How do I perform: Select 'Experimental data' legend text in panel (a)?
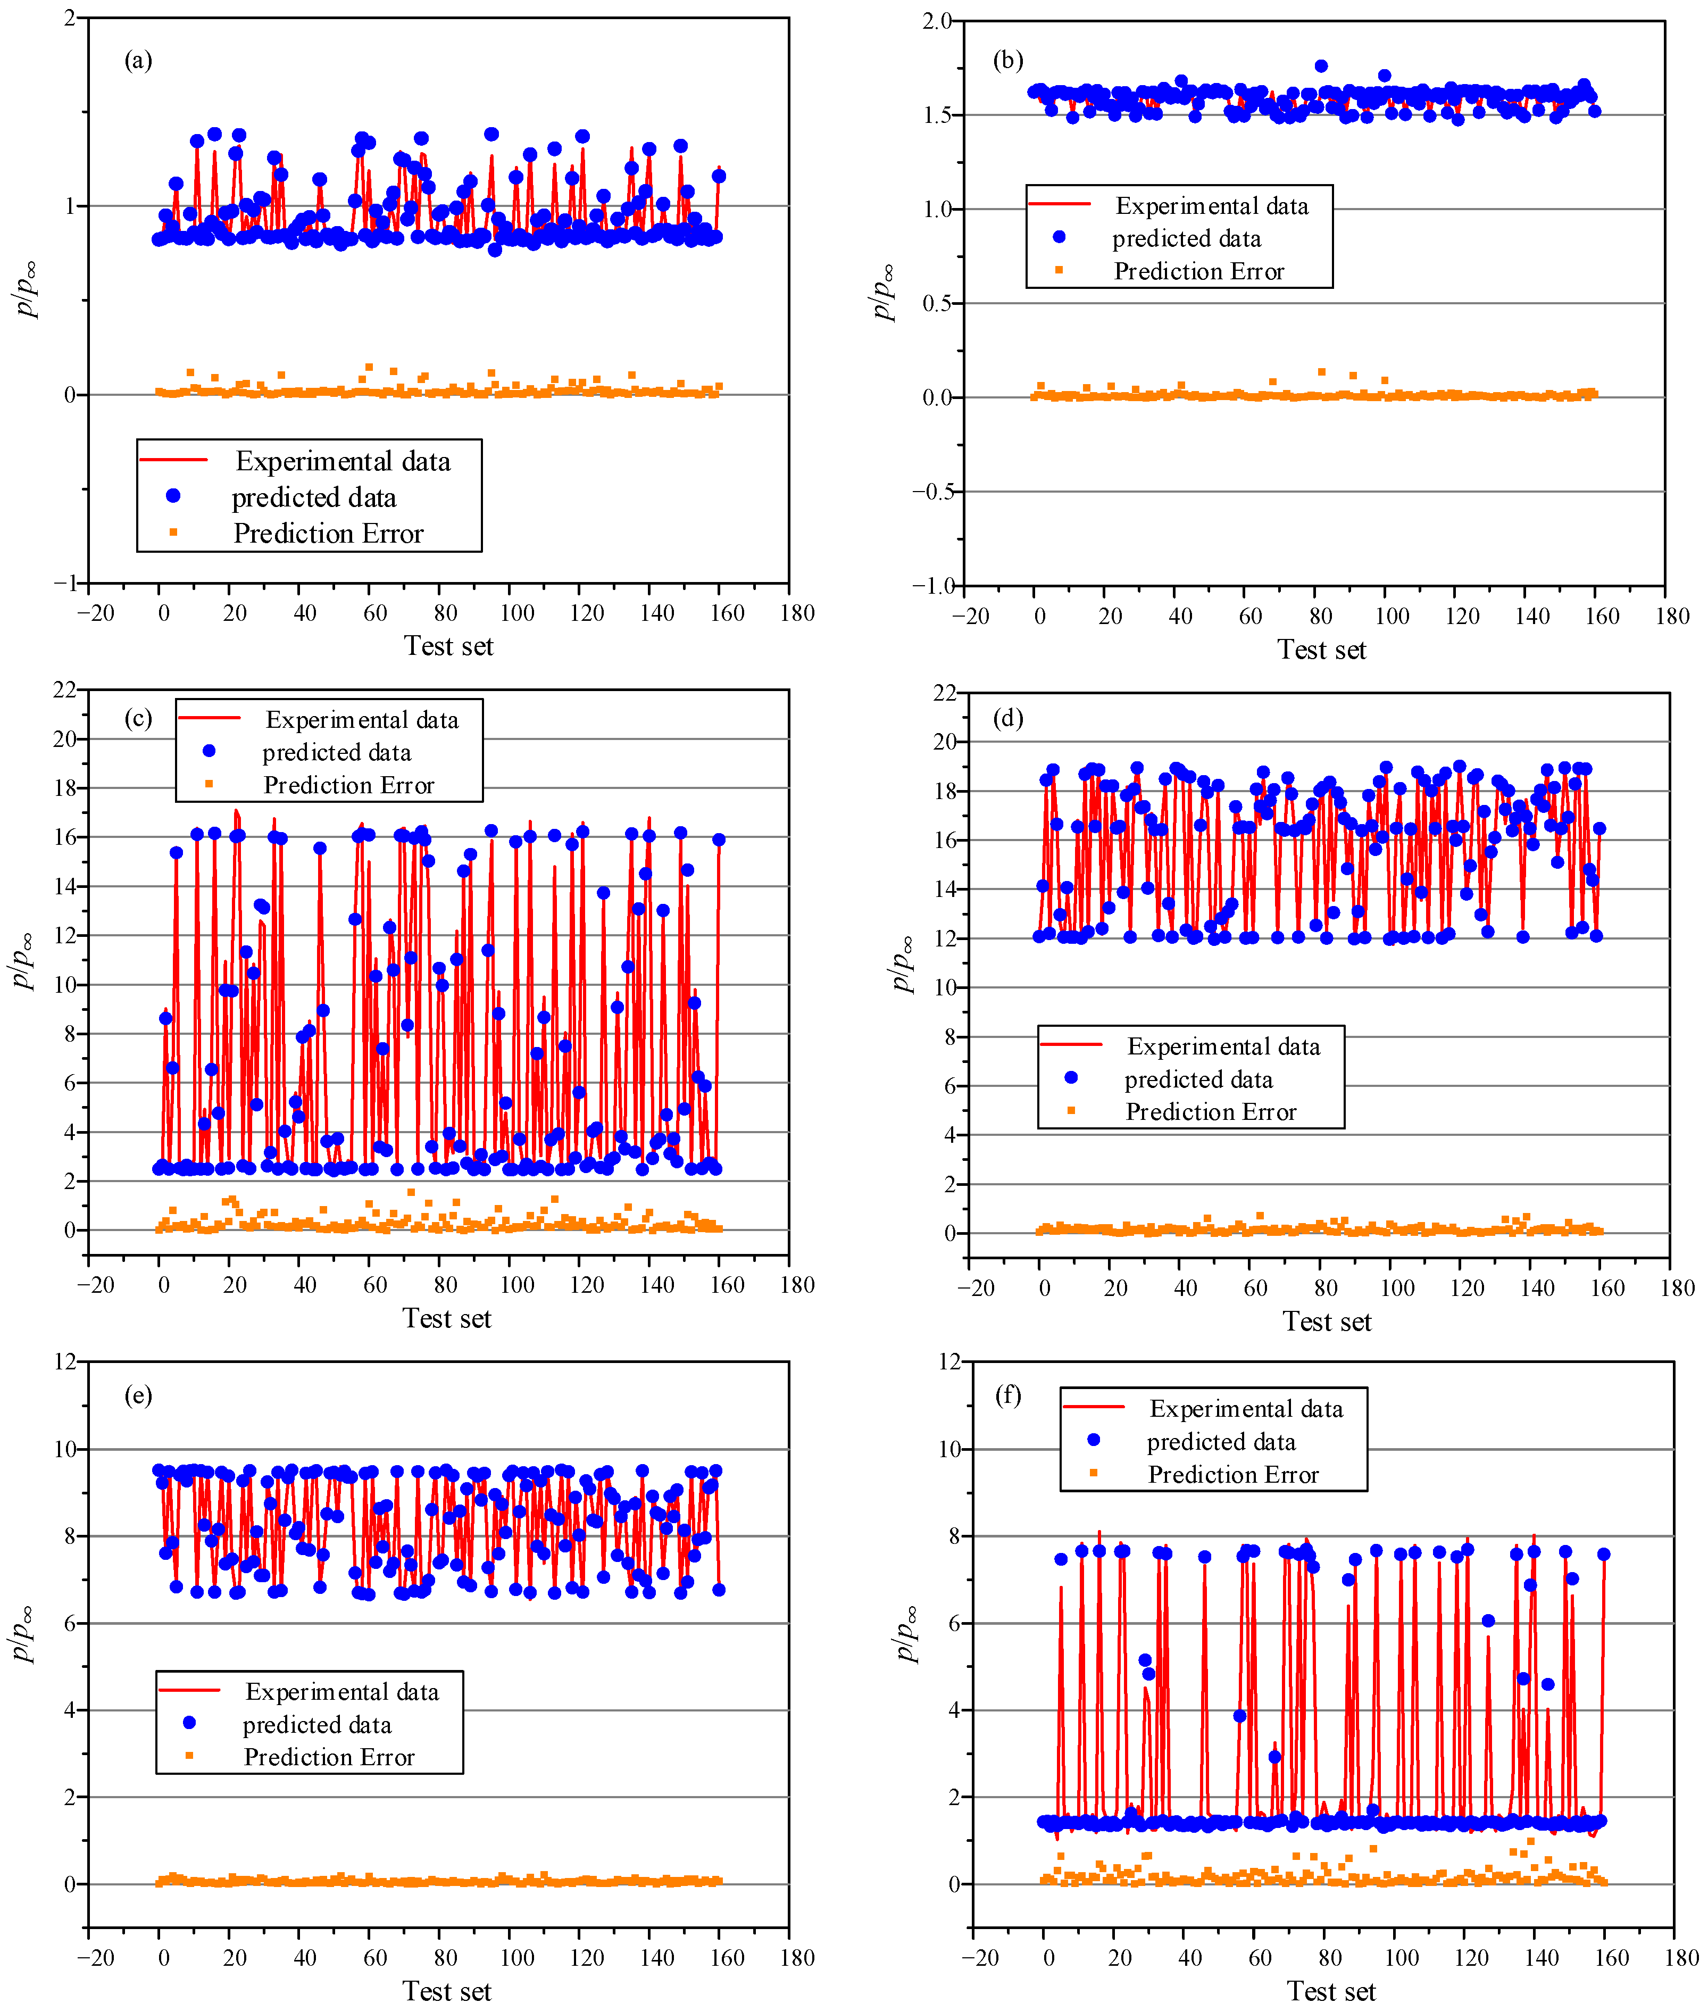tap(343, 461)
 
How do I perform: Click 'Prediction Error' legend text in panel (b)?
tap(1199, 271)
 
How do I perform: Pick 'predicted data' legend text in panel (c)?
tap(336, 752)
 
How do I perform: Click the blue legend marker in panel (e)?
tap(190, 1723)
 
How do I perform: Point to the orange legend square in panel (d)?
tap(1071, 1110)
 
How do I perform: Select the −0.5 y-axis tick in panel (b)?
tap(932, 492)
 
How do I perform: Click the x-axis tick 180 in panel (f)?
tap(1681, 1958)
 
